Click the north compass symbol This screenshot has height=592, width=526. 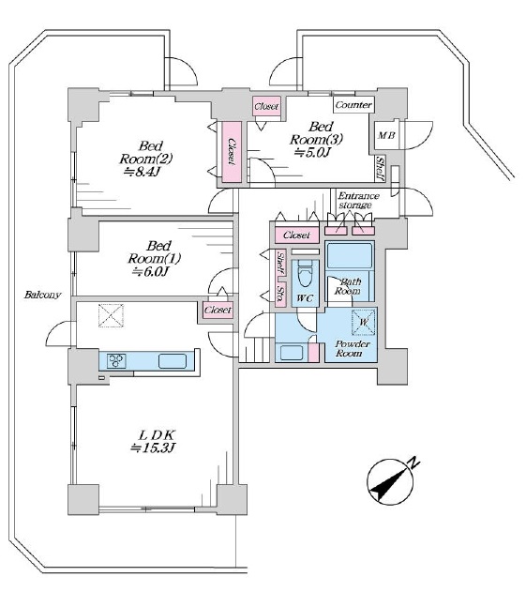pos(391,482)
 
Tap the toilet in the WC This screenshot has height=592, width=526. pos(306,277)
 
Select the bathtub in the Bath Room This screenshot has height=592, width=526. pos(350,255)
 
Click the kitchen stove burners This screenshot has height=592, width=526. pos(116,360)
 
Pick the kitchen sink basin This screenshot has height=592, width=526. pos(173,361)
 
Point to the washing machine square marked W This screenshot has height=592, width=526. pos(364,322)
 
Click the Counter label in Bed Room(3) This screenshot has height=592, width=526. pos(353,104)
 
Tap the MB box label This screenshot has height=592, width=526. pos(386,135)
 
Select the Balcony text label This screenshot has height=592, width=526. pos(42,295)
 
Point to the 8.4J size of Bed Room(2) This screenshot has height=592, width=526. pos(143,172)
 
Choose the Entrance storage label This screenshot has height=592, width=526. pos(358,200)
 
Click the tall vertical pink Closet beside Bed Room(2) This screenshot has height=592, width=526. pos(232,151)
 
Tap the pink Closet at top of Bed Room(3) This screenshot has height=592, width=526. pos(267,106)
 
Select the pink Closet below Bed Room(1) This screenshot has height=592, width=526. pos(218,310)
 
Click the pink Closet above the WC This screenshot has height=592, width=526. pos(297,235)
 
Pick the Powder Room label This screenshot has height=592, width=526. pos(352,348)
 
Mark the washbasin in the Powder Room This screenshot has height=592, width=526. pos(291,353)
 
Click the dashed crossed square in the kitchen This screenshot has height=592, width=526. pos(111,315)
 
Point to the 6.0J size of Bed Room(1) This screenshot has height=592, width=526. pos(150,271)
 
